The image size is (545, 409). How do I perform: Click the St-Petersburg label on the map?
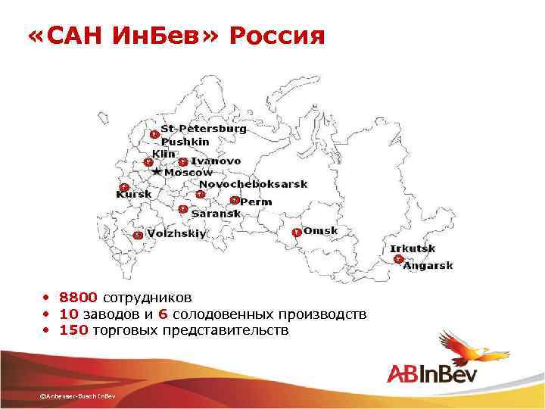coord(203,129)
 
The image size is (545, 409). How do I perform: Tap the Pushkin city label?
coord(185,141)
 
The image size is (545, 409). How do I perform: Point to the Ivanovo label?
coord(216,161)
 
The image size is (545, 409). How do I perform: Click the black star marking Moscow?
coord(157,172)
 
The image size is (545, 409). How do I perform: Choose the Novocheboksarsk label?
coord(253,184)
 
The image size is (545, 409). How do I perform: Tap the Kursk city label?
coord(133,194)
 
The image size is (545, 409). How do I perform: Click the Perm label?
coord(256,201)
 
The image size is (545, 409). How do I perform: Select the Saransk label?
coord(216,214)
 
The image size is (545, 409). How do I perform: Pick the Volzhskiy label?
coord(176,234)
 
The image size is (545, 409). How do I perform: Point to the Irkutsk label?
coord(413,248)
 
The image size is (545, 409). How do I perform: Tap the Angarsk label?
coord(428,265)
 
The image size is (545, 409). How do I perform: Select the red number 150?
coord(74,330)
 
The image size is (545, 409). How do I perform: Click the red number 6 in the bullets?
coord(163,314)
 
